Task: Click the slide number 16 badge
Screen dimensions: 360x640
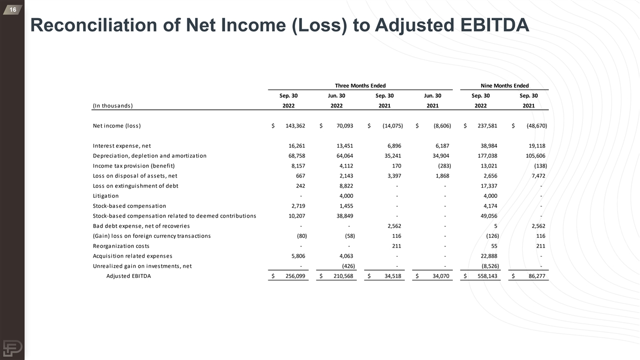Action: (12, 10)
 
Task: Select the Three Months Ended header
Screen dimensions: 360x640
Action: (360, 85)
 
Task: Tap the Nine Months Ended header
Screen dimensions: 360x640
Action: (505, 85)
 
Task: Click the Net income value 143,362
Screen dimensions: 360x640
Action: (294, 126)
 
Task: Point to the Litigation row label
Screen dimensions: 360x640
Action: (106, 196)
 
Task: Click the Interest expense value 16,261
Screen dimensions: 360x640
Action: (297, 146)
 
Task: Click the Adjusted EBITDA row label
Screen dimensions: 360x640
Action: (129, 276)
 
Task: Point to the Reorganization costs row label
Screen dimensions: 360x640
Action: (121, 246)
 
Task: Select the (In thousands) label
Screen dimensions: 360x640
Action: (113, 106)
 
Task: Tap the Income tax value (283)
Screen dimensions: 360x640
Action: (442, 166)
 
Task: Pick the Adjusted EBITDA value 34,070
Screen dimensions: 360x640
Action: (441, 276)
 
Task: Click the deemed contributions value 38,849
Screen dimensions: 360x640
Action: (345, 216)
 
